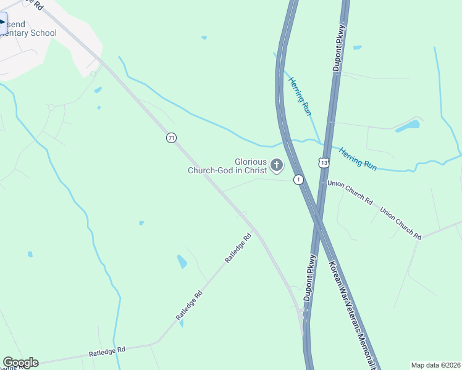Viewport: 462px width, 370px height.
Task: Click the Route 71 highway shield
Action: [171, 138]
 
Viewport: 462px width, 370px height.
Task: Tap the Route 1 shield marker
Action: [298, 179]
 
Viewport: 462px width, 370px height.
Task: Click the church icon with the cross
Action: [276, 165]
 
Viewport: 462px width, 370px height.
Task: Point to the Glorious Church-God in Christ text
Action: [227, 166]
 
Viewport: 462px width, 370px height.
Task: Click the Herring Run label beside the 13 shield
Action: [358, 157]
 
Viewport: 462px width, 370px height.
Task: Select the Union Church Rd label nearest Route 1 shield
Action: [350, 192]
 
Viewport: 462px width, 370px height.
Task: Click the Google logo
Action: [20, 363]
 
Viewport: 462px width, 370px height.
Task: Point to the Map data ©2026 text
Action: [436, 365]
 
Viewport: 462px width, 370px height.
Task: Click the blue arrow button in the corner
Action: [3, 23]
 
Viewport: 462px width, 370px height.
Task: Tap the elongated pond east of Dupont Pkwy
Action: [407, 126]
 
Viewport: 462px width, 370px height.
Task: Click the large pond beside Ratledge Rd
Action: [182, 261]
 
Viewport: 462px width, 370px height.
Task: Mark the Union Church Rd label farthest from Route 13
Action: [401, 223]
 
